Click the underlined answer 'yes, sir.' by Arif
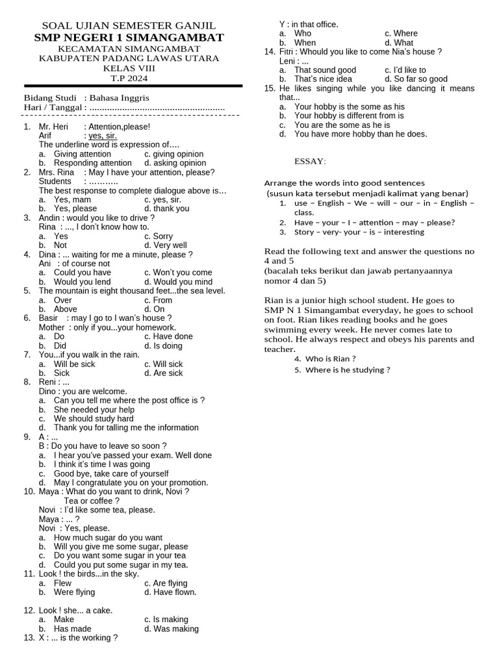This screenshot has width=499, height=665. coord(103,136)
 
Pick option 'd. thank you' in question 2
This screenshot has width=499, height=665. coord(166,208)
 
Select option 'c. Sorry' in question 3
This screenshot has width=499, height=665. coord(159,236)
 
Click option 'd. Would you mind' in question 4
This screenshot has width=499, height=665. coord(178,282)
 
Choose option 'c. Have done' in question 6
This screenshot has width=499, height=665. coord(168,336)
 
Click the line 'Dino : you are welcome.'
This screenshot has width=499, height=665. coord(83,392)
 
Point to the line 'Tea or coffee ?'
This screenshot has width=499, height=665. coord(92,501)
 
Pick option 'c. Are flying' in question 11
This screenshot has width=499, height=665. coord(166,583)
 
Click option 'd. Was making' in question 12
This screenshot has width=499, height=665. coord(172,629)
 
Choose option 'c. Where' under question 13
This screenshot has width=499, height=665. coord(401,33)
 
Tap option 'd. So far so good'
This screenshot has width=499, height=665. coord(416,79)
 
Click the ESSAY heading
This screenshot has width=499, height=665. coord(311,161)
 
